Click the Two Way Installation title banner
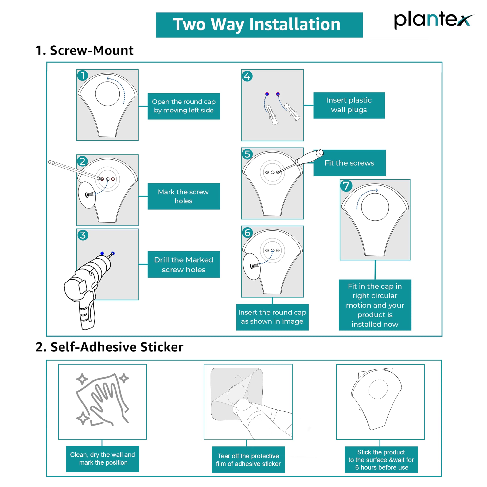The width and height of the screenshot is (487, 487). tap(259, 25)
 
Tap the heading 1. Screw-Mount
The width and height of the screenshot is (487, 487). tap(84, 50)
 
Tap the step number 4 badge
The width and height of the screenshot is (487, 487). tap(247, 76)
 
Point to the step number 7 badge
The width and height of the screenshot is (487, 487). tap(346, 186)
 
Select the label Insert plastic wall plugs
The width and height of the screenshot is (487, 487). tap(349, 105)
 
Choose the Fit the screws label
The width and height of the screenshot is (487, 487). tap(350, 163)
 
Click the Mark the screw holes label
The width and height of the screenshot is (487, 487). tap(184, 196)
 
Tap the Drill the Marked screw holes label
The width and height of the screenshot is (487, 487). tap(184, 264)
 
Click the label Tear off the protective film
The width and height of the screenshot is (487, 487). tap(248, 460)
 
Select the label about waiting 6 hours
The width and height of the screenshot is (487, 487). tap(381, 460)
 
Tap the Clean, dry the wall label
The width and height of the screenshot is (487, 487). tap(103, 459)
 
